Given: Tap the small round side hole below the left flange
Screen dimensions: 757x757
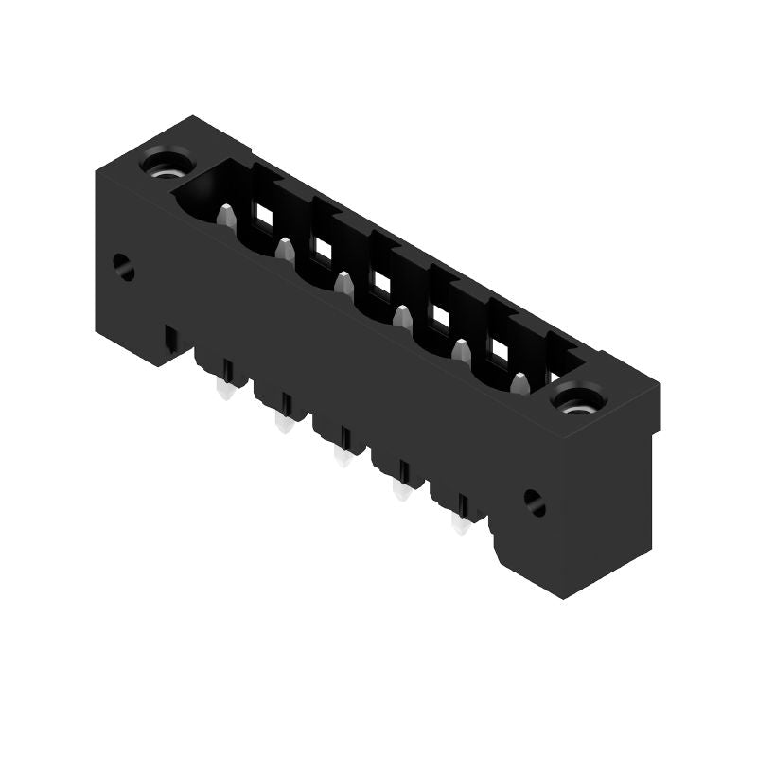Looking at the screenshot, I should tap(123, 268).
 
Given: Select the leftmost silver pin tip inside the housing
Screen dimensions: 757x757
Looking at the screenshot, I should tap(225, 218).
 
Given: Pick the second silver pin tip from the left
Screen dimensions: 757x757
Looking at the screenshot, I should tap(284, 250).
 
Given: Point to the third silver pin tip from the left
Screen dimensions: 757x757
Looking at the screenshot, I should tap(343, 283).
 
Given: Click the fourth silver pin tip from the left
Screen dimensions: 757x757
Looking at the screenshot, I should tap(402, 316).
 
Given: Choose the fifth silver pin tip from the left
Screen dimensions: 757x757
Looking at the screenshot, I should tap(461, 351).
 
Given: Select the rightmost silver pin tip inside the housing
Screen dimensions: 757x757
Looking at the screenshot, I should tap(519, 383).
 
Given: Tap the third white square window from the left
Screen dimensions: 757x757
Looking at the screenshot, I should tap(381, 282).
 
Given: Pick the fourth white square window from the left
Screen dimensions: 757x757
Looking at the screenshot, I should tap(440, 315).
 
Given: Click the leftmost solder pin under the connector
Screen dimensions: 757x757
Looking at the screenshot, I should tap(224, 390).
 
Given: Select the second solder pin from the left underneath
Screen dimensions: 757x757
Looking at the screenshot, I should tap(282, 424).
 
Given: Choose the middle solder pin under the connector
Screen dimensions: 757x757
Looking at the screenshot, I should tap(342, 457).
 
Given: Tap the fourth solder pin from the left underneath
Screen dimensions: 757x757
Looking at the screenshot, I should tap(400, 490).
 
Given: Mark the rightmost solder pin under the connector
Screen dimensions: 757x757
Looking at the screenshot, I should tap(460, 523).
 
